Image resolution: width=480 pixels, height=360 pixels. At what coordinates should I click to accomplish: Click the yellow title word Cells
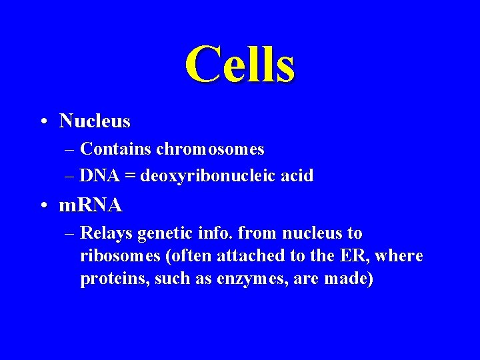[x=240, y=65]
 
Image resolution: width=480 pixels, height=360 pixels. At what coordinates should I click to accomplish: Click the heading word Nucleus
[x=95, y=121]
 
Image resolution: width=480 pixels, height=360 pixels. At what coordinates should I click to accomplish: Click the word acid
[x=296, y=176]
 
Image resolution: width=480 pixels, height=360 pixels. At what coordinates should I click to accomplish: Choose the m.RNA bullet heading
[x=91, y=205]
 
